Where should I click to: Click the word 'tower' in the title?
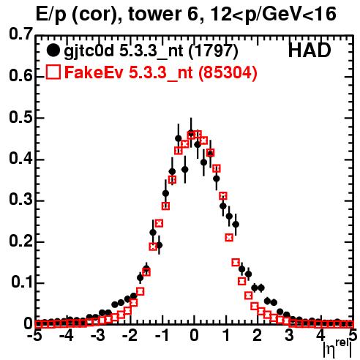point(154,14)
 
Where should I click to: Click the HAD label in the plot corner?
point(310,50)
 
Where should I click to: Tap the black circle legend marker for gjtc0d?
point(53,50)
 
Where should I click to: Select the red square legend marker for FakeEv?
point(53,72)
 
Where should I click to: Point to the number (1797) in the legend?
point(213,51)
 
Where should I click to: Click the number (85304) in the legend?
point(228,72)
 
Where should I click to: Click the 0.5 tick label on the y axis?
point(20,117)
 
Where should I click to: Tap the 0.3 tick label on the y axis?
point(20,200)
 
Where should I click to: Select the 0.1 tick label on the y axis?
point(22,282)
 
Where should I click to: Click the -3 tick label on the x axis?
point(98,335)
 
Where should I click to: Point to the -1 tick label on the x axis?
point(162,335)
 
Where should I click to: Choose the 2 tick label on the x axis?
point(258,335)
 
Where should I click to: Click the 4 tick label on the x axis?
point(320,335)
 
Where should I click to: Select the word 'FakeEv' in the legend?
point(94,72)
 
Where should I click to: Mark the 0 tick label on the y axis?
point(28,323)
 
